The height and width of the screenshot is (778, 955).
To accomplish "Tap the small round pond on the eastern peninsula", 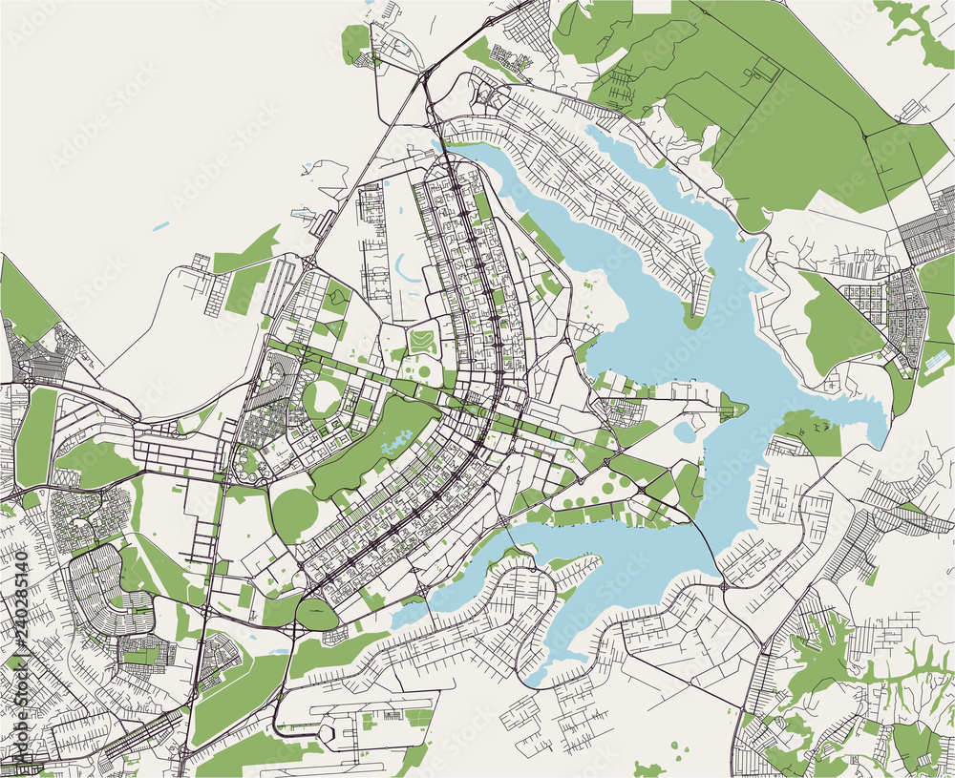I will point(684,432).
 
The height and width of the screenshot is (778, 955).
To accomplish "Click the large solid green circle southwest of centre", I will point(294,515).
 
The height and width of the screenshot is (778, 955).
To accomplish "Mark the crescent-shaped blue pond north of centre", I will point(405,273).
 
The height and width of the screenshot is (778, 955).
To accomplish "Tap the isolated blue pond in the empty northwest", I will point(159,227).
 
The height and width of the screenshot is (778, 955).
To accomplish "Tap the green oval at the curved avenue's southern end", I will point(316,614).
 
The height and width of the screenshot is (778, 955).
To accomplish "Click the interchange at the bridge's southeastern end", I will point(723,583).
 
